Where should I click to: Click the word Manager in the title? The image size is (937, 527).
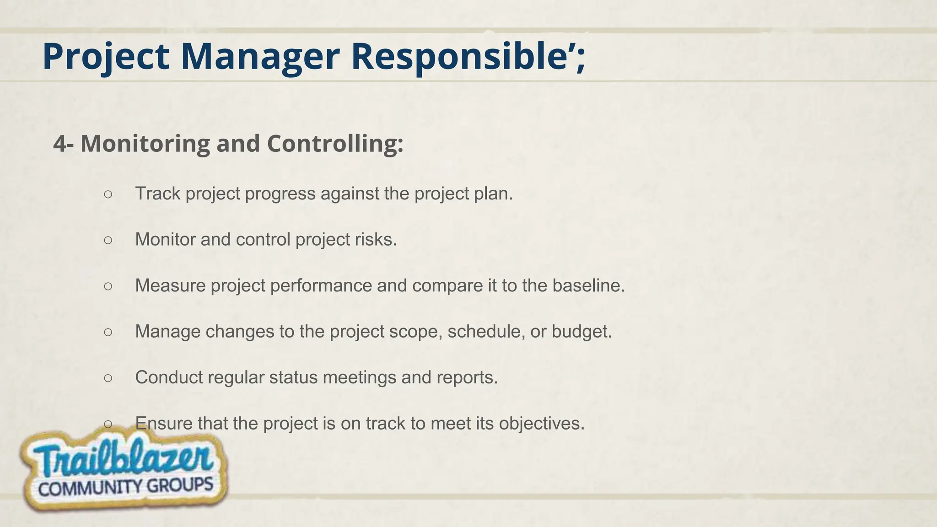[260, 57]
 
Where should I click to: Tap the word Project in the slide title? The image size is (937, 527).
[106, 57]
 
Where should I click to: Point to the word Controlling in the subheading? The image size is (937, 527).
[334, 144]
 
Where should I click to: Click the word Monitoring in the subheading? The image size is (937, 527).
[145, 144]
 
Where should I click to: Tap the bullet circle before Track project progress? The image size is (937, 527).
[108, 194]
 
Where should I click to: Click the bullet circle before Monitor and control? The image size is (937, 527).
[108, 240]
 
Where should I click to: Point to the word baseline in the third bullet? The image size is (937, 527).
[588, 285]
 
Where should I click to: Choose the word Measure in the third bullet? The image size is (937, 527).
[170, 285]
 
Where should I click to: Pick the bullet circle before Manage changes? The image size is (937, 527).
[108, 332]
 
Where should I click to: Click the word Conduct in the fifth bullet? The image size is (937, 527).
[169, 377]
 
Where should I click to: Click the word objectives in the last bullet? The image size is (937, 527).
[541, 423]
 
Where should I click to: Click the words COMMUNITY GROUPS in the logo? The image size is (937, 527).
[126, 487]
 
